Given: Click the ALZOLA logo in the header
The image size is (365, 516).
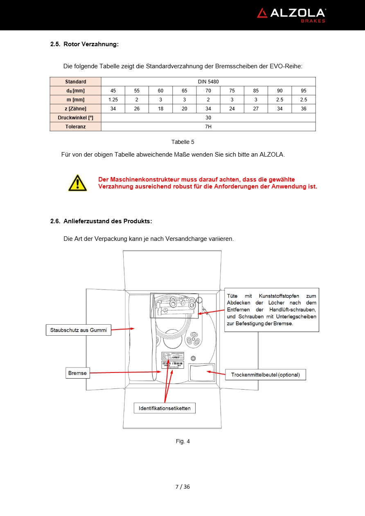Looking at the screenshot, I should pos(291,15).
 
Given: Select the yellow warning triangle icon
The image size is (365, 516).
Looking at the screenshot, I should pos(77,183).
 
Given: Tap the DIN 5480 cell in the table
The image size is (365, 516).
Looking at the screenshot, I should pos(208,82).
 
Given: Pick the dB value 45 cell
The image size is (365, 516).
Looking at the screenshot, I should pos(113,91).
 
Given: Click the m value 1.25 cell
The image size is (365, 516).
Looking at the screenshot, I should pos(113,100).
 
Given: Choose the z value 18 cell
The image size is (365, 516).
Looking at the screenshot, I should pos(160,109).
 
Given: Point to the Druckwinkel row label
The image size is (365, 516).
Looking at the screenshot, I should pos(76,118).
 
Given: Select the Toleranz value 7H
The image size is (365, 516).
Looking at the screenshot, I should pos(208,127).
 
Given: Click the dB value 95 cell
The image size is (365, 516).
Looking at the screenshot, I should pos(304,91).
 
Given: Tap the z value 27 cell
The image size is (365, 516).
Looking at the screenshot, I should pos(256,109).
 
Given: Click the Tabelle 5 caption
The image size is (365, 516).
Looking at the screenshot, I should pos(182,142).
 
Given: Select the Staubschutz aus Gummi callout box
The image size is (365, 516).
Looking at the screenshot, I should pos(78,330).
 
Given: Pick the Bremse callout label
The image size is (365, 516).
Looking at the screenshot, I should pos(77,373).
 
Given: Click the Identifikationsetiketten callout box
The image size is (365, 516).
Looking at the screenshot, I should pos(164,408).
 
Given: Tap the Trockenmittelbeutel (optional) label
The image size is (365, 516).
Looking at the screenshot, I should pos(266,375).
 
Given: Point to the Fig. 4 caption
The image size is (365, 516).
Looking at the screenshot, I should pos(182,441).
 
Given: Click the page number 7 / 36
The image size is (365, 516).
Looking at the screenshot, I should pos(182,487).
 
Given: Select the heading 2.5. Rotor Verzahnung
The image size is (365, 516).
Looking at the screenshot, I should pos(84,44).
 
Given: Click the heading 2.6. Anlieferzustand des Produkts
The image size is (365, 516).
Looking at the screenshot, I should pos(101,221).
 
